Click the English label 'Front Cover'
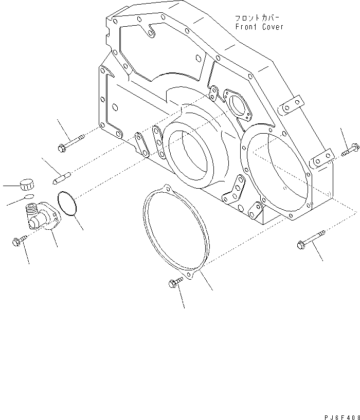coord(259,27)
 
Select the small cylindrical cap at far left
coord(26,184)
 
